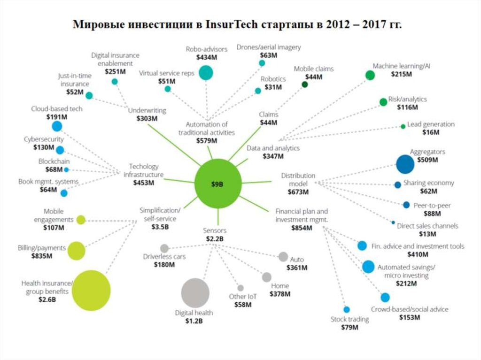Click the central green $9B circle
[x=218, y=184]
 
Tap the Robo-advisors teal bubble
[x=206, y=73]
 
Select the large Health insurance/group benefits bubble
[x=91, y=291]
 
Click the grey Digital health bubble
[x=195, y=292]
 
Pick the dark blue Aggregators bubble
[x=405, y=164]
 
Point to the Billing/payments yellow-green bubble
[x=76, y=251]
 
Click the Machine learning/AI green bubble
[x=370, y=75]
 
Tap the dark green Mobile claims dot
[x=304, y=84]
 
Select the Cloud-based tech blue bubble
[x=57, y=126]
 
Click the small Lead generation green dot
[x=403, y=126]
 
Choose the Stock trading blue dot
[x=347, y=309]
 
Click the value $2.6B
[x=47, y=299]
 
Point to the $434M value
[x=207, y=57]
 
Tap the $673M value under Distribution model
[x=298, y=192]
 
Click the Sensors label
[x=215, y=230]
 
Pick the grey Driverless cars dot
[x=164, y=248]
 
